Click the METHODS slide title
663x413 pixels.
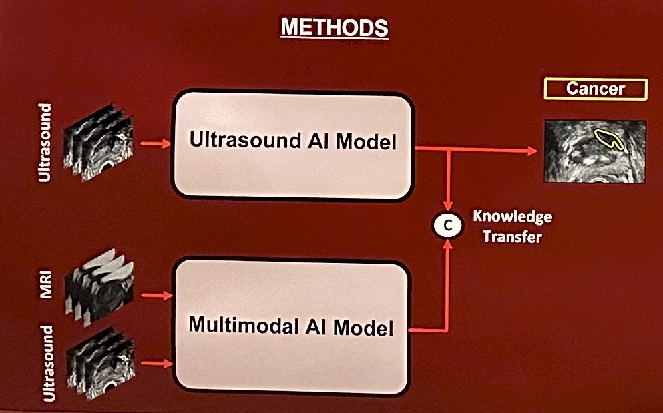coord(334,27)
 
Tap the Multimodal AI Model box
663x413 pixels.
coord(291,326)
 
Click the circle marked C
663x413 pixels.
coord(448,226)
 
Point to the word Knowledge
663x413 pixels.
coord(513,216)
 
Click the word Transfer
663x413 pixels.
coord(513,236)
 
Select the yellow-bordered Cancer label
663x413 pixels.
coord(596,89)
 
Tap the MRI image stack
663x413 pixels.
coord(99,287)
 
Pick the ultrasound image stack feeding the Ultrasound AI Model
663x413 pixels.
coord(98,141)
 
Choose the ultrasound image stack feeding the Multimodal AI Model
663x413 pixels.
coord(101,363)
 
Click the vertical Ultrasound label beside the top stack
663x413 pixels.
coord(45,143)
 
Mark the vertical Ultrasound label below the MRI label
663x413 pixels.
coord(48,364)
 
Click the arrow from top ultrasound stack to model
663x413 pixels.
coord(155,144)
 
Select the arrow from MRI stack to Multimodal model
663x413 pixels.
coord(156,295)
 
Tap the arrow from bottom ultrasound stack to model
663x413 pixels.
coord(156,364)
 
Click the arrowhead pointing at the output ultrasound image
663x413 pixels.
coord(532,151)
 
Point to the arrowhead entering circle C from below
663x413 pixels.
coord(447,245)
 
